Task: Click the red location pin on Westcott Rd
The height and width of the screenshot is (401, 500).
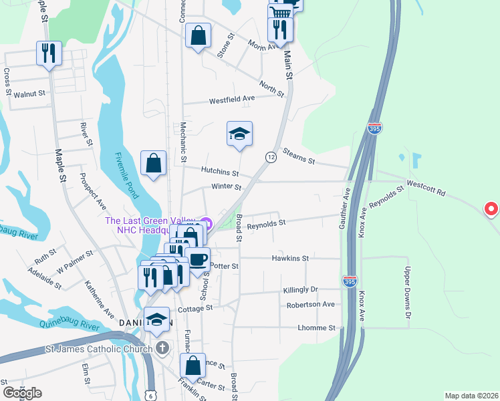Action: pyautogui.click(x=491, y=209)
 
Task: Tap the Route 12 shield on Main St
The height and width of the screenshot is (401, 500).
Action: pyautogui.click(x=271, y=157)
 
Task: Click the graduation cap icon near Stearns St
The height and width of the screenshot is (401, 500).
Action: pyautogui.click(x=239, y=134)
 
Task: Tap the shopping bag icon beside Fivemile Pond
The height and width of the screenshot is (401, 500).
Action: pyautogui.click(x=153, y=163)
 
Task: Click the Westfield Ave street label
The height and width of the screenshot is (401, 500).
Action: pyautogui.click(x=232, y=99)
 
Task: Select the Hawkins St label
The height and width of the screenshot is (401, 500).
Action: pyautogui.click(x=290, y=257)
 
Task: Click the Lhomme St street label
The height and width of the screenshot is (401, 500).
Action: pyautogui.click(x=317, y=328)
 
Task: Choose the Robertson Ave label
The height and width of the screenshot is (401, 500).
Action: pyautogui.click(x=310, y=304)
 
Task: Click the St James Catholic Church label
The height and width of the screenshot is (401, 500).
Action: pyautogui.click(x=99, y=348)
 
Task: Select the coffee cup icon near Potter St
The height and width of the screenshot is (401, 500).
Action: pyautogui.click(x=197, y=259)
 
